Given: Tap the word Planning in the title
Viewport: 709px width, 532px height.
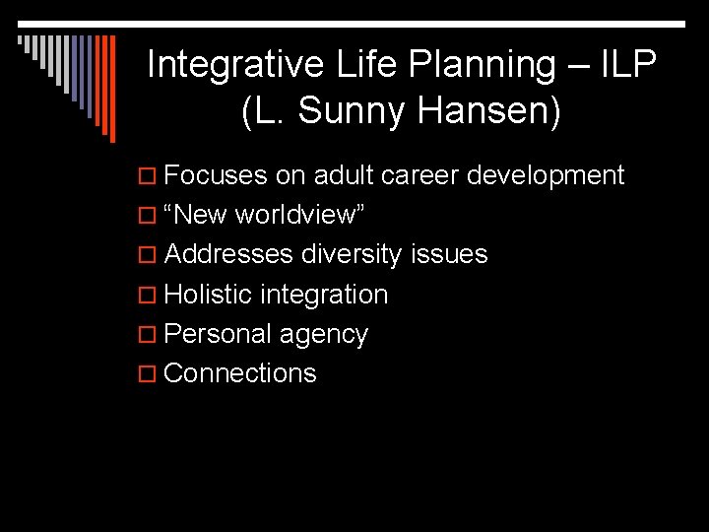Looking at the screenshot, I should [483, 65].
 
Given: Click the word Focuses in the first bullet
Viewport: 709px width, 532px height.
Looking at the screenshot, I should [216, 175].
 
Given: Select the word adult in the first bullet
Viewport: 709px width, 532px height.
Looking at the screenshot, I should [343, 175].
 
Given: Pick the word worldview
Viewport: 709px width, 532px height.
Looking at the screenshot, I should [302, 215].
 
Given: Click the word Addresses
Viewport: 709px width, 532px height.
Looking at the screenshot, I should [228, 254].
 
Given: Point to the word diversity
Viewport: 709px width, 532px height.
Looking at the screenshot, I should [352, 255].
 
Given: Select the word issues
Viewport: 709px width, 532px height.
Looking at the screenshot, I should [449, 254].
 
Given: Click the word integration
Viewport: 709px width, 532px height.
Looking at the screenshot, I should [324, 295].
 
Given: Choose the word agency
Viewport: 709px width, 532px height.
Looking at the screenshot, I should [323, 335].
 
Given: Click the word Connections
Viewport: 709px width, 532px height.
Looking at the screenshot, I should [240, 373].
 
